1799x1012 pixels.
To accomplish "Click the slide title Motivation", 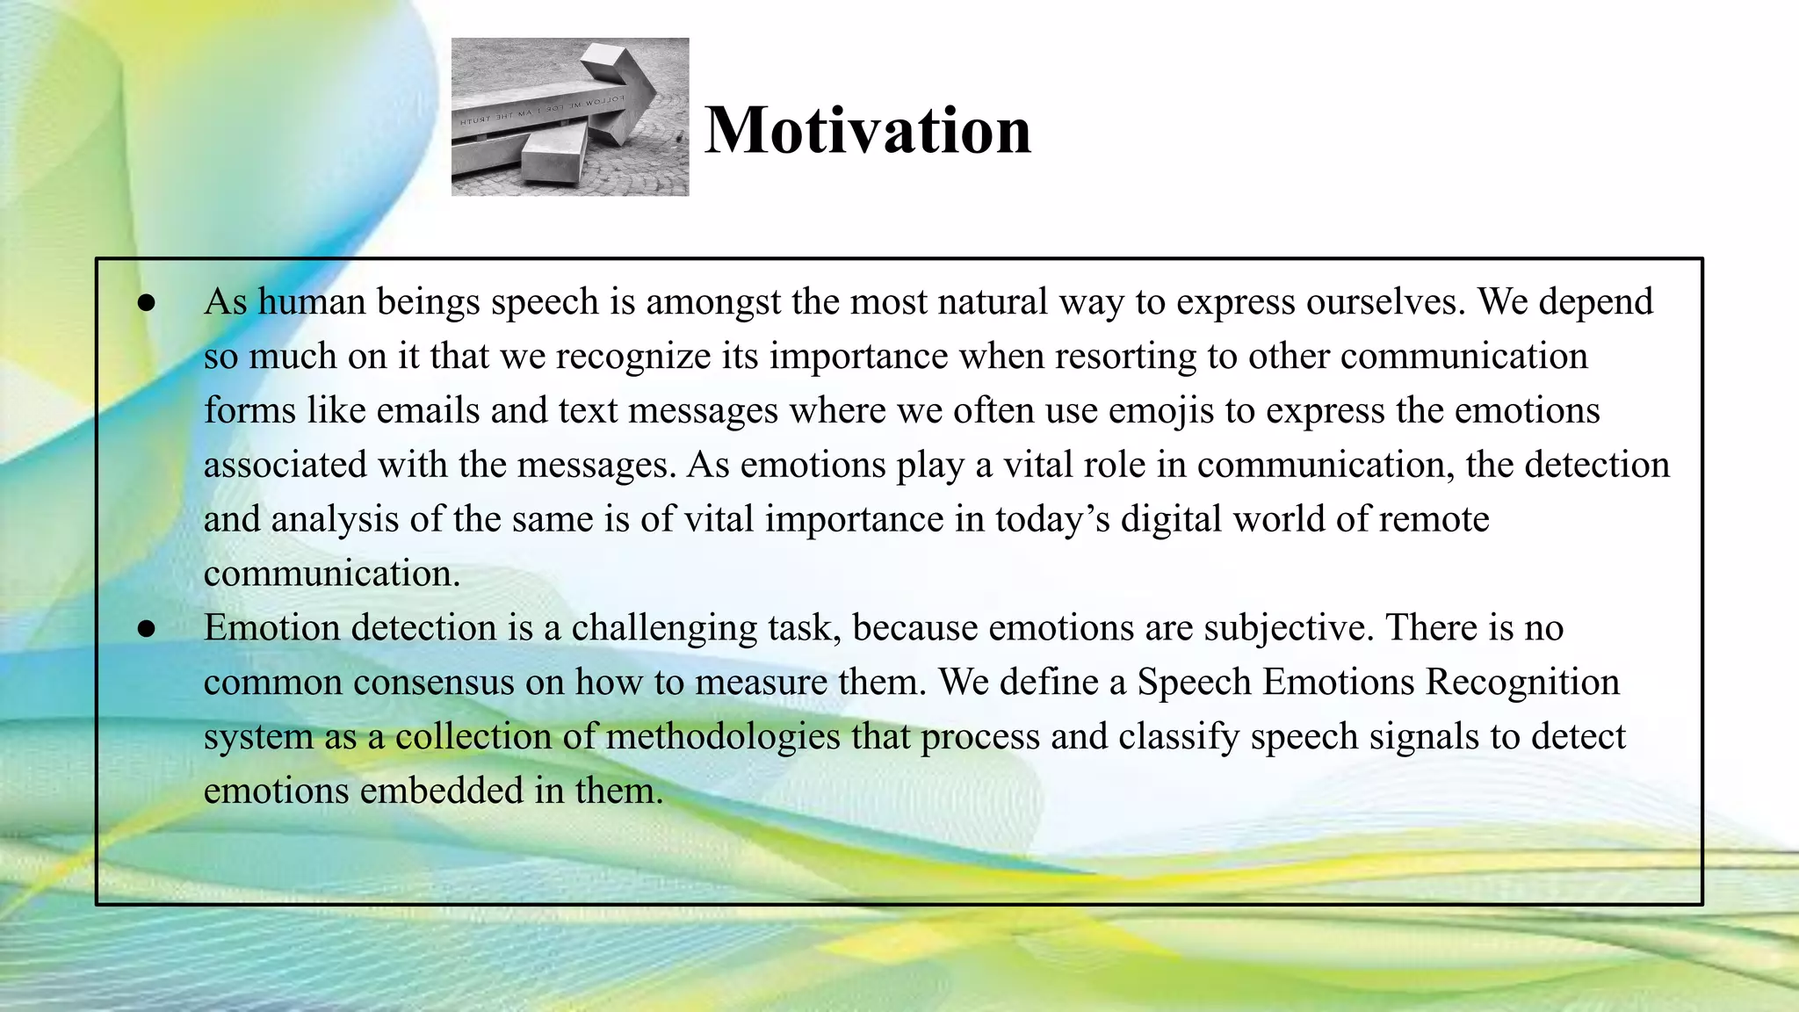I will point(868,130).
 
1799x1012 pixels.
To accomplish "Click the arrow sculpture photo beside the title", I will point(570,117).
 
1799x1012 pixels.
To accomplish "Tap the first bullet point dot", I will point(147,303).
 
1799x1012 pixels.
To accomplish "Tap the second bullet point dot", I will point(147,629).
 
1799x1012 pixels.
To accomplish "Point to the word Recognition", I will point(1521,683).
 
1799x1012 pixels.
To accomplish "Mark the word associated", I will point(285,465).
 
